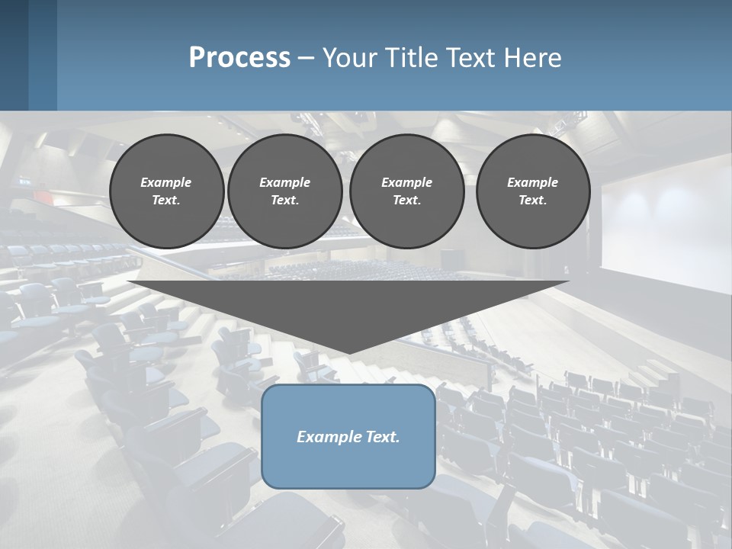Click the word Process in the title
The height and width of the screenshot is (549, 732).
[239, 58]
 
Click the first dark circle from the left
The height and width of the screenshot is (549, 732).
[166, 191]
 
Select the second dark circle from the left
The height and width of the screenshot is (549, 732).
[285, 191]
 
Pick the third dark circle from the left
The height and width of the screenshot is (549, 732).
[407, 191]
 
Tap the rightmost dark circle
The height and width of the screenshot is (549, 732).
[533, 191]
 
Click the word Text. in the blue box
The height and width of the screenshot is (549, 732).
[380, 437]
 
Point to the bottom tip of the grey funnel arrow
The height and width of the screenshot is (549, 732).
[348, 352]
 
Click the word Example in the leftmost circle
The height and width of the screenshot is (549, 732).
[166, 182]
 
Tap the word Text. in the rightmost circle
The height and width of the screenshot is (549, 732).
[533, 201]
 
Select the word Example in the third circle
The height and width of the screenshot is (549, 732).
[407, 182]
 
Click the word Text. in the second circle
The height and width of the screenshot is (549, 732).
[285, 201]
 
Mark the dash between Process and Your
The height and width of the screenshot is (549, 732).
[306, 58]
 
